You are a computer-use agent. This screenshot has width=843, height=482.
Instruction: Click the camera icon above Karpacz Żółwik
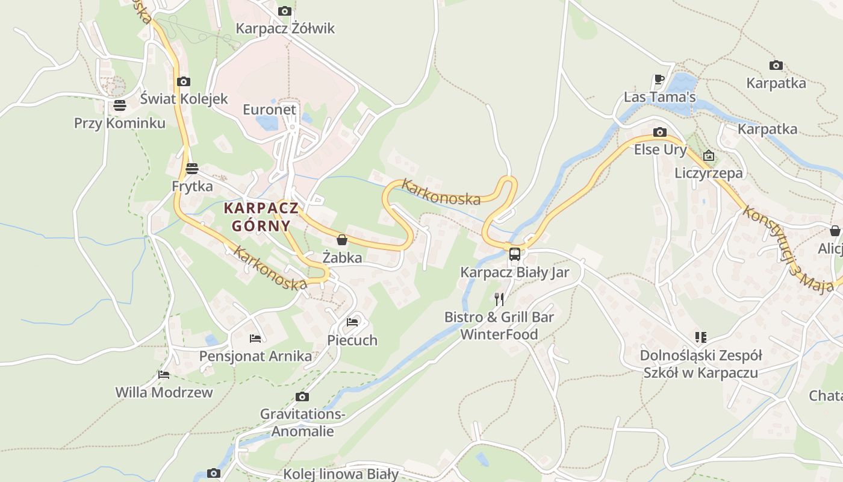[x=285, y=11]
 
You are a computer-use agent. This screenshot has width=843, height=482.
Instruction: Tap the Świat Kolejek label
[x=184, y=99]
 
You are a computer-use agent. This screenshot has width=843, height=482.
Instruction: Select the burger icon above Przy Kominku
[x=119, y=105]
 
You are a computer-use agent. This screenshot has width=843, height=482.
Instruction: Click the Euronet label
[x=270, y=109]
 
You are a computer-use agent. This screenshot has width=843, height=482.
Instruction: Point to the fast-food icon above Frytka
[x=192, y=168]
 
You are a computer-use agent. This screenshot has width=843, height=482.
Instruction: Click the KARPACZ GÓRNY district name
[x=261, y=217]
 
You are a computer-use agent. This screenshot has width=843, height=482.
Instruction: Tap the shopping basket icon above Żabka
[x=342, y=240]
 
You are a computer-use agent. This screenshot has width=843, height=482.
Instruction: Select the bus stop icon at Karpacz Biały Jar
[x=514, y=254]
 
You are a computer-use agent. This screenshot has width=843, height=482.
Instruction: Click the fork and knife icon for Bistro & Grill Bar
[x=499, y=299]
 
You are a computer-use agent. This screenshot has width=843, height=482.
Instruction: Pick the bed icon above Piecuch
[x=352, y=322]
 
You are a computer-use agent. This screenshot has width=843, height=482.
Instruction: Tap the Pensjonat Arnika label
[x=255, y=356]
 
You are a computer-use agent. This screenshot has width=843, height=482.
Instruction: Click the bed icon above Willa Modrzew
[x=164, y=374]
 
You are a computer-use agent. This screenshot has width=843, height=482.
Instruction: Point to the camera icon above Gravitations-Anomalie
[x=302, y=396]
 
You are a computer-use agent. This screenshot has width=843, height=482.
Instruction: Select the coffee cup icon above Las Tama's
[x=659, y=79]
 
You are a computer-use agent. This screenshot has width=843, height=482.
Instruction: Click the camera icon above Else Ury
[x=660, y=132]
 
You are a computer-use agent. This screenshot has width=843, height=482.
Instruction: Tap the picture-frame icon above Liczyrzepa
[x=709, y=155]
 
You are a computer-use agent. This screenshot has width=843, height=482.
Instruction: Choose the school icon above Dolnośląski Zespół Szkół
[x=700, y=337]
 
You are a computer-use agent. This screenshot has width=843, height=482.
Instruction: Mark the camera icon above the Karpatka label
[x=776, y=65]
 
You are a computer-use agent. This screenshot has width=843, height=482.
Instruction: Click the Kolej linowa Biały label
[x=341, y=474]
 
